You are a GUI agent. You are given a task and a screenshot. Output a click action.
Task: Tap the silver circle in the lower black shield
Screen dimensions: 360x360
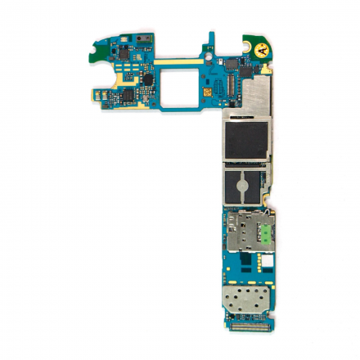(245, 186)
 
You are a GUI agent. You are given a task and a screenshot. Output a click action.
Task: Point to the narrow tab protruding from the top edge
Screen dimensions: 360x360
(211, 39)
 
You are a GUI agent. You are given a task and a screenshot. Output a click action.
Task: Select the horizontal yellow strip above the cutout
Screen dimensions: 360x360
(176, 61)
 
